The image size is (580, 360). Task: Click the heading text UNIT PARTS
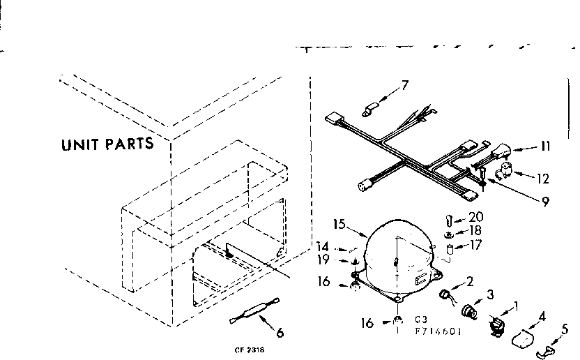pyautogui.click(x=107, y=145)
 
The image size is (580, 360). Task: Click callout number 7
pyautogui.click(x=405, y=87)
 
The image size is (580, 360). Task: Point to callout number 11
pyautogui.click(x=544, y=147)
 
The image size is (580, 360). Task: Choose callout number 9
pyautogui.click(x=544, y=203)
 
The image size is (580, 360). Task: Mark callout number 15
pyautogui.click(x=339, y=225)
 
